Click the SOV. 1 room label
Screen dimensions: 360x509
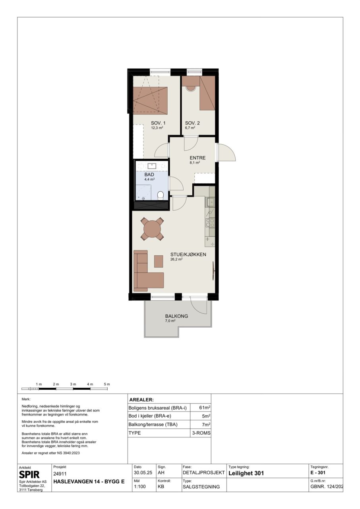click(158, 123)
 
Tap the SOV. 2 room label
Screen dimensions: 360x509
click(192, 123)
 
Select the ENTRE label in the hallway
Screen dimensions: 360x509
click(198, 158)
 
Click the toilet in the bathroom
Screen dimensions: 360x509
click(161, 195)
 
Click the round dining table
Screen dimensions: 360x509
click(152, 229)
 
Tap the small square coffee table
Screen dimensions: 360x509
click(159, 261)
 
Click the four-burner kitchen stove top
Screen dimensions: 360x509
click(210, 223)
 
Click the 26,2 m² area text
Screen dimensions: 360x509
click(176, 259)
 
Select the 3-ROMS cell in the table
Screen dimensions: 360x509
click(201, 433)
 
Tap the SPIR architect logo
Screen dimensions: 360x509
click(29, 474)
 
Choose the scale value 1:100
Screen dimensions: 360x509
click(140, 487)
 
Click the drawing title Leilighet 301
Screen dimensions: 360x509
click(246, 473)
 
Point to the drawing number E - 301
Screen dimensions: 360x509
click(318, 473)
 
